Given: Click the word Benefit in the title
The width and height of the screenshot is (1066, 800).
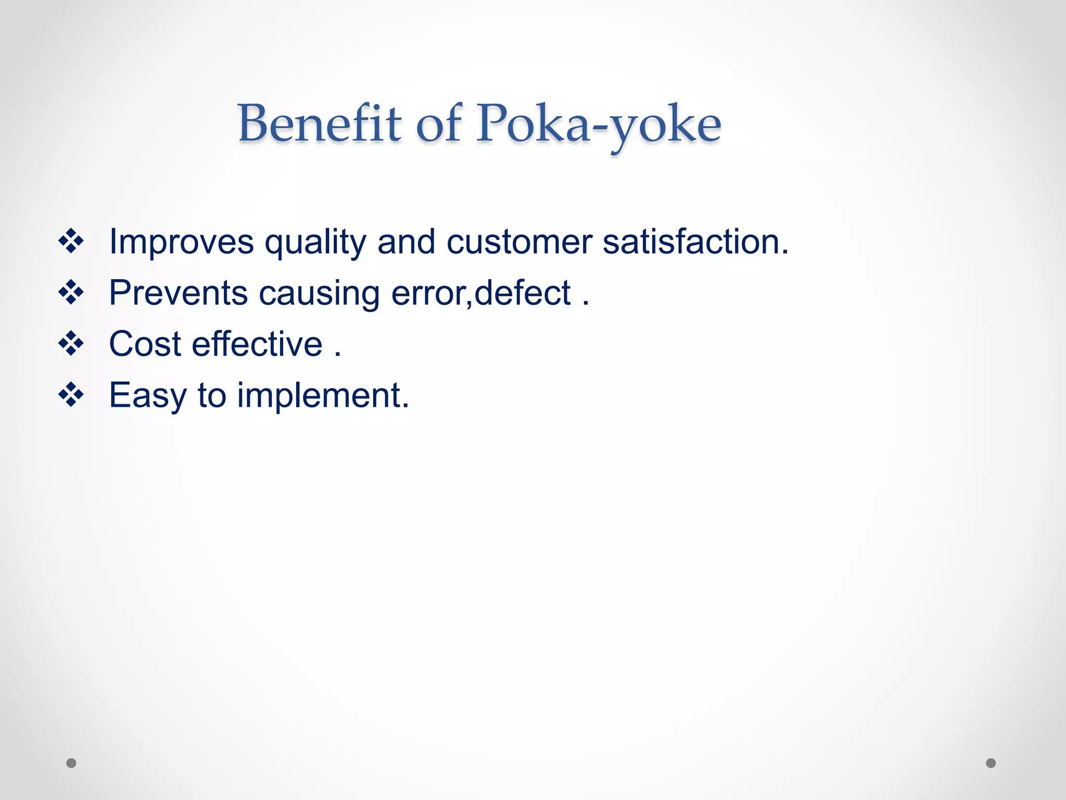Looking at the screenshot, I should (x=319, y=123).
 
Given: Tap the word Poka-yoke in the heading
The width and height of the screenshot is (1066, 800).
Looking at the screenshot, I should (x=599, y=125).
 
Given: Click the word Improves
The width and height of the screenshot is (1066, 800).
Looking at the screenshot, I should (x=181, y=242).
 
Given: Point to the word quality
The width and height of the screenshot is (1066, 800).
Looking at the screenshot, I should (x=315, y=243).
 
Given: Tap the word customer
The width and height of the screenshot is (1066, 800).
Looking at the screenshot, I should (x=519, y=242).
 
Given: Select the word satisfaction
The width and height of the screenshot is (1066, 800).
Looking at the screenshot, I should (x=695, y=242).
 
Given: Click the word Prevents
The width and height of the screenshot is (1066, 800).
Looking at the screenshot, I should (x=178, y=293).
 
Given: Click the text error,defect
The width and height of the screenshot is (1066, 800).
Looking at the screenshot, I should (x=481, y=293).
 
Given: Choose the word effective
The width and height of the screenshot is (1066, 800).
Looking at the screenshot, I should (x=257, y=344).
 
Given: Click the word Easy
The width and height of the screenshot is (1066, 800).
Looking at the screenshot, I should (x=147, y=396).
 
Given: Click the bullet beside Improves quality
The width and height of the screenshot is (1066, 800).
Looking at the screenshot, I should (x=71, y=241).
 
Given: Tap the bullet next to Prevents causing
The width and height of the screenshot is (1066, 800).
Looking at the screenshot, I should (x=71, y=292).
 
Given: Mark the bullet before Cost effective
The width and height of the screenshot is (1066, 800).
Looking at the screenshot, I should (x=71, y=344).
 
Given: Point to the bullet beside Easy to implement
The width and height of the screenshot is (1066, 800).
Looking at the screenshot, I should (x=71, y=395).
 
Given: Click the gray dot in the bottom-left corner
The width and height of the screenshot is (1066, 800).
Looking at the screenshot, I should (x=71, y=763).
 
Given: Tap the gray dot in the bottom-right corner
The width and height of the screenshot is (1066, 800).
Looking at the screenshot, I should (x=991, y=763).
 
